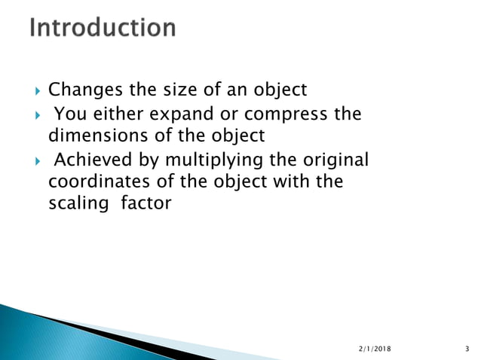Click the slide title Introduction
[103, 29]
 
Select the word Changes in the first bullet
[79, 90]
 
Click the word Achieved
[92, 161]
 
